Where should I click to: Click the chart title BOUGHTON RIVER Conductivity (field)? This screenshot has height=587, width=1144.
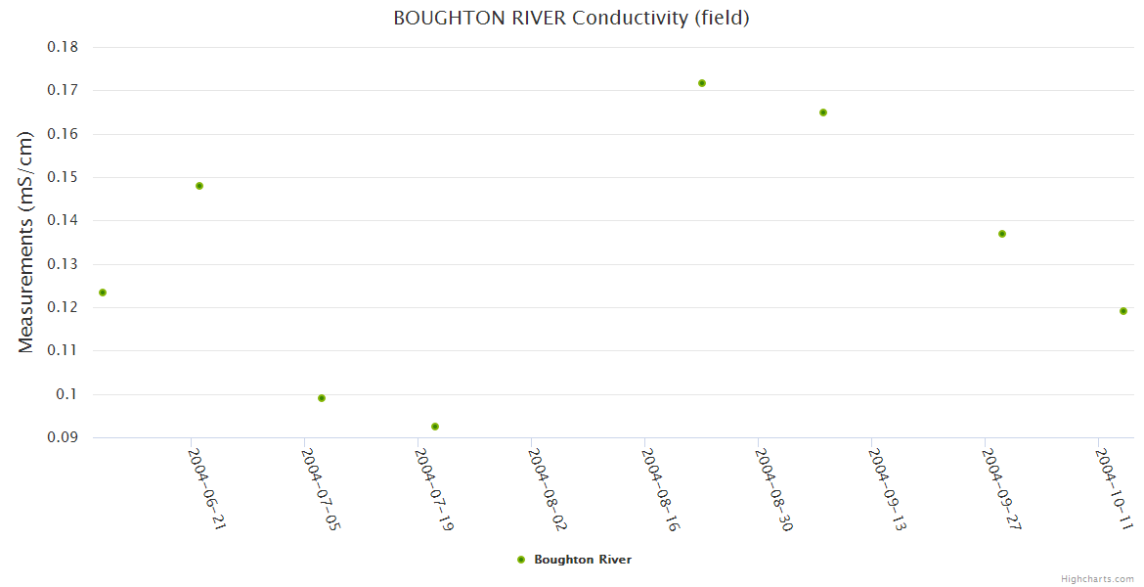tap(571, 18)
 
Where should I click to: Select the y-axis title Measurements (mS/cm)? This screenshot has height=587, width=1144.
tap(26, 242)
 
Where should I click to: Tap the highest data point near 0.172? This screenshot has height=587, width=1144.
tap(702, 83)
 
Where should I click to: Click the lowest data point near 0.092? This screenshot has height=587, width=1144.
tap(435, 427)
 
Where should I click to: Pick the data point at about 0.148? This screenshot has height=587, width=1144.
tap(199, 186)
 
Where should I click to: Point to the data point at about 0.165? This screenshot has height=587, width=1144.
tap(823, 113)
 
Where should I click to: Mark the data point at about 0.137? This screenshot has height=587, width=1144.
tap(1002, 234)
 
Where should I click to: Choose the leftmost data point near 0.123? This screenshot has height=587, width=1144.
tap(103, 293)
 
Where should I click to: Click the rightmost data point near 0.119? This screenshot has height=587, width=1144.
tap(1123, 311)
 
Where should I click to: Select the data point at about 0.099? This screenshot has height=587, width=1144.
tap(322, 398)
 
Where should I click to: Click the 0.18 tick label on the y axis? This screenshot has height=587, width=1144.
tap(63, 47)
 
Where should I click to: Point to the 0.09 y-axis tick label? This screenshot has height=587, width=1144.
tap(63, 437)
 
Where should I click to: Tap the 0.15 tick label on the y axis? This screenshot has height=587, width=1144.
tap(63, 177)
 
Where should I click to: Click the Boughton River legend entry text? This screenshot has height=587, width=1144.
tap(583, 560)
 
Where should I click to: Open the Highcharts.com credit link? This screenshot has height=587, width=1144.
tap(1097, 579)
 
